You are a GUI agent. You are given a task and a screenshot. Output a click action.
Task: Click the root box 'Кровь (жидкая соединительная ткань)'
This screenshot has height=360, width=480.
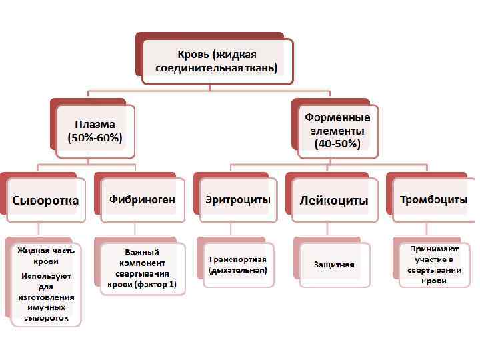coord(216,61)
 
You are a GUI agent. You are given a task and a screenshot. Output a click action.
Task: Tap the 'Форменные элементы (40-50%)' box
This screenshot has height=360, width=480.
coord(337,131)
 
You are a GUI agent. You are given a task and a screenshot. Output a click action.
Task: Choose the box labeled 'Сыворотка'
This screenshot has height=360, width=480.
coord(45,200)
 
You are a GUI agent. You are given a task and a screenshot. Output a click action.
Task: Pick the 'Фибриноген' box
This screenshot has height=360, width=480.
coord(142,200)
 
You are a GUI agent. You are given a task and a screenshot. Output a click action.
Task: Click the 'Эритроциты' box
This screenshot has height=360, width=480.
coord(238,200)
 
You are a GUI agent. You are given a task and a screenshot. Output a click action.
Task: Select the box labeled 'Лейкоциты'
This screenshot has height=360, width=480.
coord(334,200)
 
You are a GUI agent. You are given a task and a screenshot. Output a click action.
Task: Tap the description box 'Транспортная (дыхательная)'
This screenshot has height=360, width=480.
coord(238,265)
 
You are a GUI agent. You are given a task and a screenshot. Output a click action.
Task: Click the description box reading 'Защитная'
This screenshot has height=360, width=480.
coord(334,265)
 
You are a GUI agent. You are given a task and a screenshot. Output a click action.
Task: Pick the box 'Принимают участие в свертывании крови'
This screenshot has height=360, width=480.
coord(433,265)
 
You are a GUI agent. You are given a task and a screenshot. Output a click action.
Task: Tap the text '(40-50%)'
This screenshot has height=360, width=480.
coord(337,143)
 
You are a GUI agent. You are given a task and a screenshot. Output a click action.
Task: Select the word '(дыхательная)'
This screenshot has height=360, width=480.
coord(238,271)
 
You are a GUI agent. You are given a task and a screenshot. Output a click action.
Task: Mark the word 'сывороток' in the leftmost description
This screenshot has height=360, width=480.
coord(45,318)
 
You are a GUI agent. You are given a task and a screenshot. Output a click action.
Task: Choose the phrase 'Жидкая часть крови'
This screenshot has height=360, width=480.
coord(45,255)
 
